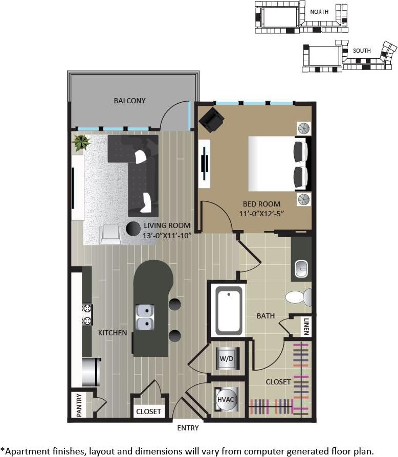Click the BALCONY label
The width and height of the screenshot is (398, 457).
[129, 101]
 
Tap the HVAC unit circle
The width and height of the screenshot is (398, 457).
[226, 399]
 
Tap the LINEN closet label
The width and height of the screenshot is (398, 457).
[305, 326]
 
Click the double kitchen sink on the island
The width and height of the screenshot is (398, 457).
[145, 317]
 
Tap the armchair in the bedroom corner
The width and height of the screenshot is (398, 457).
[211, 121]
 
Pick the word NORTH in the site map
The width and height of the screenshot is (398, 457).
[319, 11]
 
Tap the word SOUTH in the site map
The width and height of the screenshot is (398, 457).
[362, 51]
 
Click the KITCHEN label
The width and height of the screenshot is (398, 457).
[113, 333]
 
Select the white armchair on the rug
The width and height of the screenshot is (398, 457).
[111, 234]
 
